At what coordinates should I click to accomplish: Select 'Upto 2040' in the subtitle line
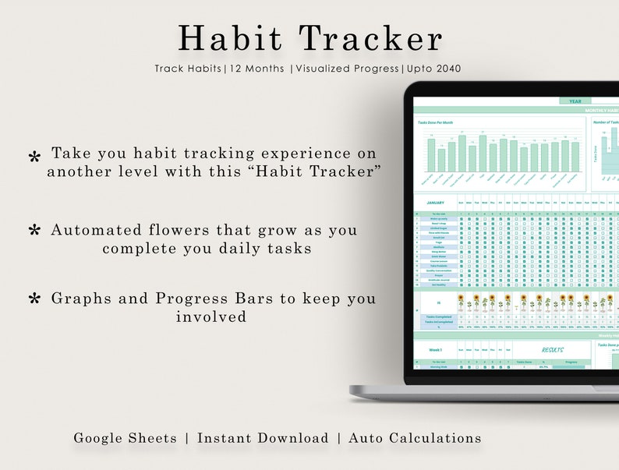pyautogui.click(x=434, y=69)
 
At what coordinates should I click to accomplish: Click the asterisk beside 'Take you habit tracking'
pyautogui.click(x=34, y=158)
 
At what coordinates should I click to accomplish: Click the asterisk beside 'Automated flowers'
pyautogui.click(x=34, y=231)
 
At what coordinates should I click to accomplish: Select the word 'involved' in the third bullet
pyautogui.click(x=211, y=316)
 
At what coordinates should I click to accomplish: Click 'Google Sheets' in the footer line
pyautogui.click(x=126, y=438)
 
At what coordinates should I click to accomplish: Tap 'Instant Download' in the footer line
pyautogui.click(x=263, y=438)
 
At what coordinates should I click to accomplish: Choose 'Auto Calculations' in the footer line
pyautogui.click(x=415, y=438)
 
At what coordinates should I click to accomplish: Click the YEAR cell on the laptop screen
pyautogui.click(x=575, y=101)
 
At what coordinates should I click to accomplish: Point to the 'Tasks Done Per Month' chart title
pyautogui.click(x=434, y=122)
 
